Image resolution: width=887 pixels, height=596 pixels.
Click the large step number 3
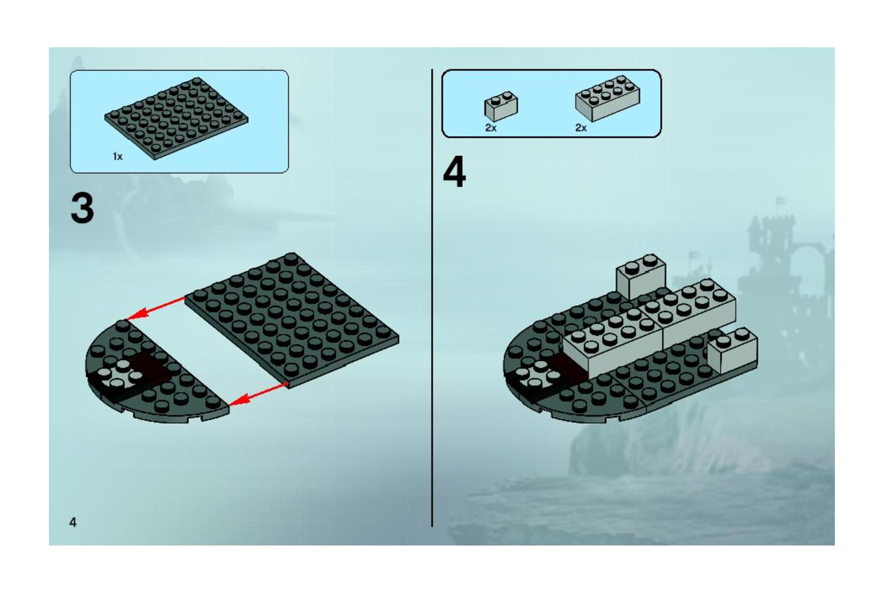pyautogui.click(x=82, y=208)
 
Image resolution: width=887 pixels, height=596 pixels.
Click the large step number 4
pyautogui.click(x=454, y=173)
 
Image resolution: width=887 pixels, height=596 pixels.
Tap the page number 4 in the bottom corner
pyautogui.click(x=73, y=522)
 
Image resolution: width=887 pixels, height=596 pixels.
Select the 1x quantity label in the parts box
pyautogui.click(x=118, y=156)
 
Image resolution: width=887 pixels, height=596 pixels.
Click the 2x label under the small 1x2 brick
pyautogui.click(x=491, y=128)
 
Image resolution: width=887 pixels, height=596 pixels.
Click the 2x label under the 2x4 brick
pyautogui.click(x=581, y=128)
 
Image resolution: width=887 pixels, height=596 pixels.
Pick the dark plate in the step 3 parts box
pyautogui.click(x=177, y=118)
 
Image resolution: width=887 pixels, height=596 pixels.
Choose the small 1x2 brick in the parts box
pyautogui.click(x=501, y=106)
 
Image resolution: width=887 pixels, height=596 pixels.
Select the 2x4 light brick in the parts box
pyautogui.click(x=608, y=99)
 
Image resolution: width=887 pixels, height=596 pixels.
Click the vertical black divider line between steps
pyautogui.click(x=432, y=298)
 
